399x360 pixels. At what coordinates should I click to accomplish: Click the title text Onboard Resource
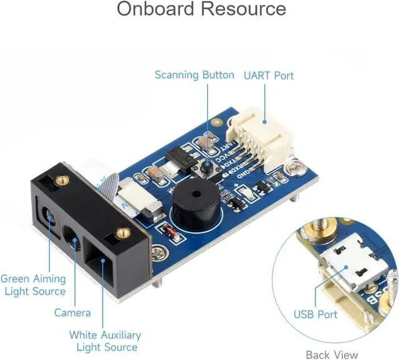[201, 10]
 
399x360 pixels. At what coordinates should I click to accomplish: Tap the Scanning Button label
[195, 75]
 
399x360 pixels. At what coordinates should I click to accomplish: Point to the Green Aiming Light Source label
[33, 285]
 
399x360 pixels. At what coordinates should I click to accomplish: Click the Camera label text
[72, 313]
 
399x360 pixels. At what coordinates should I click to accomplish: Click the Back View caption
[332, 354]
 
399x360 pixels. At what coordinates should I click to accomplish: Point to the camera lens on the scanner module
[72, 239]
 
